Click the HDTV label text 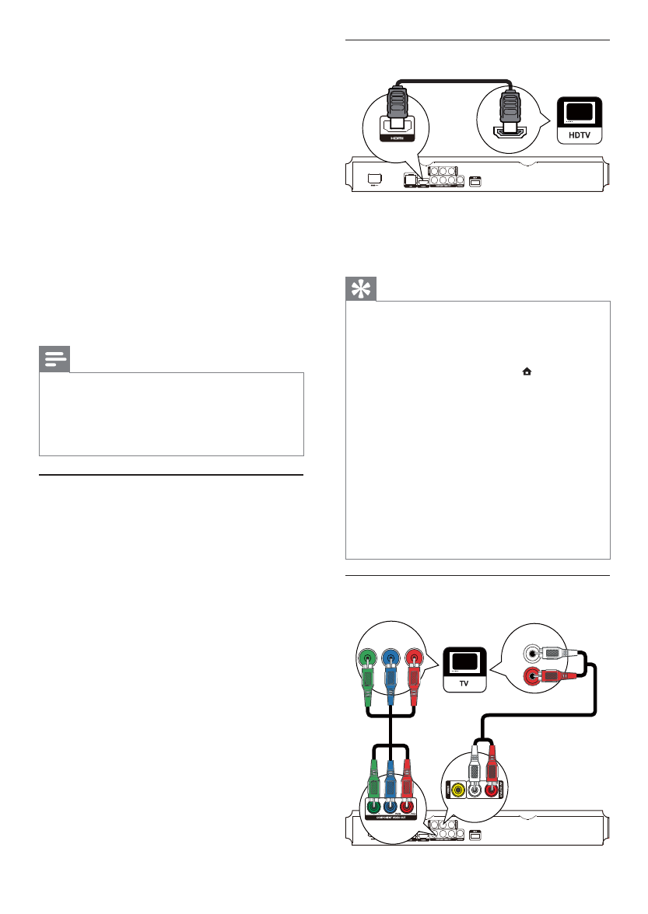580,134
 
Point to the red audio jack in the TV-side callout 534,677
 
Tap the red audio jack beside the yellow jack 492,790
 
